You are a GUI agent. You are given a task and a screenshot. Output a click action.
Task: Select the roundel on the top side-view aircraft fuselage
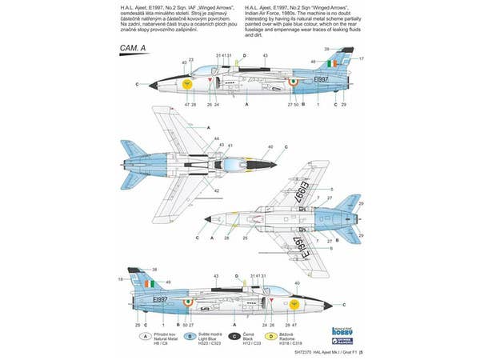coord(293,82)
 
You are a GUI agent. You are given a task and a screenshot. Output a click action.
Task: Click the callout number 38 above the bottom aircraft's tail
coord(154,269)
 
